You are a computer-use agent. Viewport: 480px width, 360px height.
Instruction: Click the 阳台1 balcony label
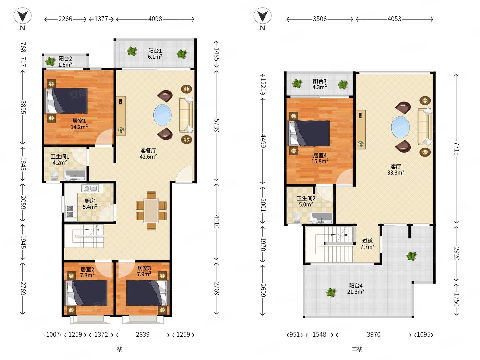[x=155, y=51]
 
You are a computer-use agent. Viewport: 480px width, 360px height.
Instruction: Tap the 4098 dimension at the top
[x=155, y=19]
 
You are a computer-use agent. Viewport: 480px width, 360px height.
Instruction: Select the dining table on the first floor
[x=151, y=211]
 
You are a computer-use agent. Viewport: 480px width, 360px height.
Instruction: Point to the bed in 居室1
[x=66, y=101]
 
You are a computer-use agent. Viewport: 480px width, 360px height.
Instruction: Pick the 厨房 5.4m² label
[x=90, y=204]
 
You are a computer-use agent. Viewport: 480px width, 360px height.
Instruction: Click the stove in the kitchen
[x=70, y=211]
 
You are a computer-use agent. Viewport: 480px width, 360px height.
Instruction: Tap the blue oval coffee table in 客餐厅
[x=162, y=115]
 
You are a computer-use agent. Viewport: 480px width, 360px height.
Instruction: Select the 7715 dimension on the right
[x=456, y=149]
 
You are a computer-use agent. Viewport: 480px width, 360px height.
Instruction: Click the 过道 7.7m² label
[x=367, y=244]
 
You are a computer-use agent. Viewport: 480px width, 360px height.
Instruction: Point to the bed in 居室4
[x=308, y=133]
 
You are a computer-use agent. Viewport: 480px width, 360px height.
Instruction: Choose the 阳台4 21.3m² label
[x=356, y=289]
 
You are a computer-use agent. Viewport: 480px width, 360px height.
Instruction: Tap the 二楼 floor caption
[x=357, y=349]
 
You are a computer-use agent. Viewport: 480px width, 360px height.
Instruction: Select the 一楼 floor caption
[x=117, y=349]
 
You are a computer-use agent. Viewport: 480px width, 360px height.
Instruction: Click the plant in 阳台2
[x=50, y=61]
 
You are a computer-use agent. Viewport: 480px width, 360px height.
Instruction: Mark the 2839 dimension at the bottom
[x=143, y=334]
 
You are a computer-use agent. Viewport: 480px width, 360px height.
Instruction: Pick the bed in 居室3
[x=147, y=293]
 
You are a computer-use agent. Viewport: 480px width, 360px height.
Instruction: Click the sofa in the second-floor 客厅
[x=425, y=127]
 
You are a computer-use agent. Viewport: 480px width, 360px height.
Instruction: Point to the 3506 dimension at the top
[x=320, y=19]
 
